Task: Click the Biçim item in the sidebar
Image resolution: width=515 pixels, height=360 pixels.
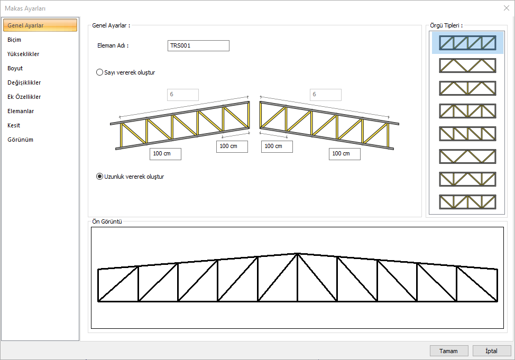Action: (15, 40)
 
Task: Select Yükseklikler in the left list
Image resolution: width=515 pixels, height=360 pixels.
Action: (23, 54)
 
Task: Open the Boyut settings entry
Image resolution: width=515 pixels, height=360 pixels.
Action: (15, 68)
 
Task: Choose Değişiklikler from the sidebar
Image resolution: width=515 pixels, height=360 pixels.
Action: (24, 82)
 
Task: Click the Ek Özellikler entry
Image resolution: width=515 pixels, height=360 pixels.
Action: (24, 97)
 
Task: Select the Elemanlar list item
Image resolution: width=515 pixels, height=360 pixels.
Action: (21, 111)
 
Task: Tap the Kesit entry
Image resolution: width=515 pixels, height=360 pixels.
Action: (14, 125)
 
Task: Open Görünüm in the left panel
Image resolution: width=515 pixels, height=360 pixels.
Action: (21, 140)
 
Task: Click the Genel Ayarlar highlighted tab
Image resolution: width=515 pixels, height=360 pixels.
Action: (40, 25)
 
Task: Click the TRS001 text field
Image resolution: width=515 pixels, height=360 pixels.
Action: (198, 46)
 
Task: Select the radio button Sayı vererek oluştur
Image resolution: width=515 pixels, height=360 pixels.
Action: (99, 72)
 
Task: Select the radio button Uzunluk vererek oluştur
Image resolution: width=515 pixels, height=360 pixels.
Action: (99, 177)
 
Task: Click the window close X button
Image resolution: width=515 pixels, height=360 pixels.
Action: (507, 8)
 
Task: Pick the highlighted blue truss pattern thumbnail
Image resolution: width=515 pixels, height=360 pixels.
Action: (467, 43)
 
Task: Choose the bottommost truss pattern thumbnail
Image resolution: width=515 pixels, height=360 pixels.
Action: (467, 201)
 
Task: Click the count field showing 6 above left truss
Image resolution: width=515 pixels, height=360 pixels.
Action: (182, 95)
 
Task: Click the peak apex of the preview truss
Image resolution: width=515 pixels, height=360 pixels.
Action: (298, 254)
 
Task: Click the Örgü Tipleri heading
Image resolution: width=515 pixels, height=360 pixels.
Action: (447, 25)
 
